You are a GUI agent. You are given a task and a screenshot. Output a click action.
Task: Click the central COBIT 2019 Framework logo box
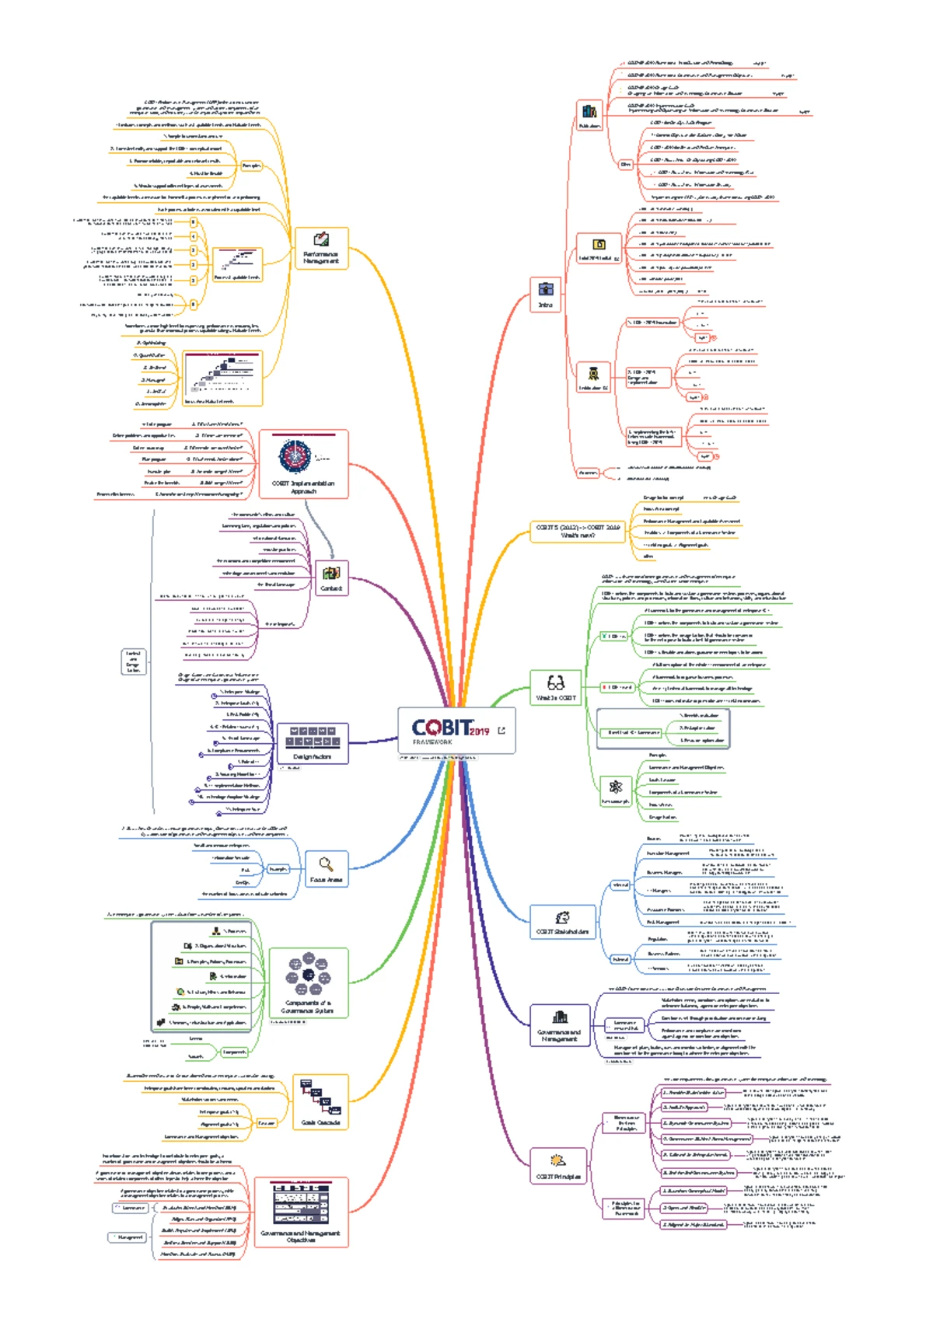[x=456, y=730]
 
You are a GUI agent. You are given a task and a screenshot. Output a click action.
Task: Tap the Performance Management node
[x=320, y=248]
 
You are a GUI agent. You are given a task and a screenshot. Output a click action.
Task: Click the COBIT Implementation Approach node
[x=303, y=464]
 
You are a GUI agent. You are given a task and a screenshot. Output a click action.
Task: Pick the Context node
[x=331, y=578]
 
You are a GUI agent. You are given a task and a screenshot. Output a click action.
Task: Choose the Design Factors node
[x=312, y=742]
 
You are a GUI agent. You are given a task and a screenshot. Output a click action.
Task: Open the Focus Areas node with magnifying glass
[x=326, y=869]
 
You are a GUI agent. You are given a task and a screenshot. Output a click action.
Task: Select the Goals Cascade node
[x=320, y=1101]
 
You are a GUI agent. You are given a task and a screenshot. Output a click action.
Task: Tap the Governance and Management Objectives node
[x=300, y=1212]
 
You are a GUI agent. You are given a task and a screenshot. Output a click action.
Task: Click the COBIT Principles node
[x=557, y=1166]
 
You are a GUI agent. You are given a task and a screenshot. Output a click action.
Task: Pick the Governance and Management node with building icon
[x=559, y=1024]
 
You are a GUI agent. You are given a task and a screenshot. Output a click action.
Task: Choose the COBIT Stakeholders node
[x=562, y=923]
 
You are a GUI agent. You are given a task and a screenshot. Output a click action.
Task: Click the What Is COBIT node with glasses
[x=555, y=688]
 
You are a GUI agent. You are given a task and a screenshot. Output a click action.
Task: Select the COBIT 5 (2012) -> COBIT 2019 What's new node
[x=578, y=532]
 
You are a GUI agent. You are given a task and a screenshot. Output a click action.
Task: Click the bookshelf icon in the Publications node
[x=589, y=112]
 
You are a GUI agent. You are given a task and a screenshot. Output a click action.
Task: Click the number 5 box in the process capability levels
[x=194, y=222]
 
